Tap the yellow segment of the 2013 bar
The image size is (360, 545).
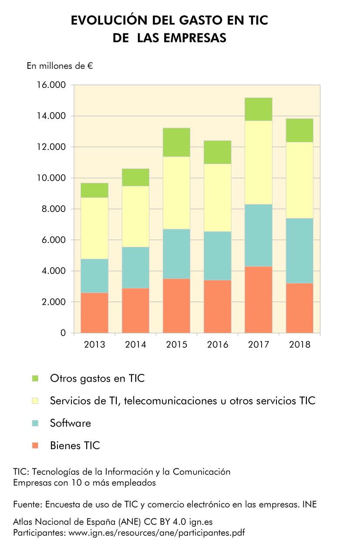click(x=94, y=228)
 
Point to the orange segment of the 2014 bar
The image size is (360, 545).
click(x=135, y=310)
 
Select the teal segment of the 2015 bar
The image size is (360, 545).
click(x=176, y=254)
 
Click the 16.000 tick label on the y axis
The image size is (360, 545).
click(x=50, y=85)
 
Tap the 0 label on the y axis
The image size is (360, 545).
click(x=63, y=333)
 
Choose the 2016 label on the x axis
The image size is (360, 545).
click(x=218, y=345)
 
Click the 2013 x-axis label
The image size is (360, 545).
click(x=94, y=345)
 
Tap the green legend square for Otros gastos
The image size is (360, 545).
click(x=35, y=378)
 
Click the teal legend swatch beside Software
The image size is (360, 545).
click(x=35, y=423)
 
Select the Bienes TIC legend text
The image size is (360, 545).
click(x=75, y=445)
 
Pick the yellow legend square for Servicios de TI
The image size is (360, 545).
click(x=35, y=400)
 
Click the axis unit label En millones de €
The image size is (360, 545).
click(x=60, y=66)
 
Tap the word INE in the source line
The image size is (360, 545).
click(x=310, y=505)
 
